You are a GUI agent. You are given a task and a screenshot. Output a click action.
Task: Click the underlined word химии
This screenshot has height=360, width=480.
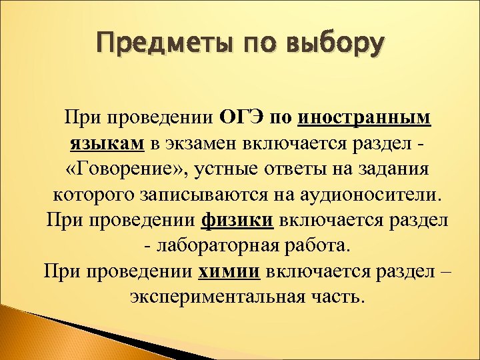pos(231,271)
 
